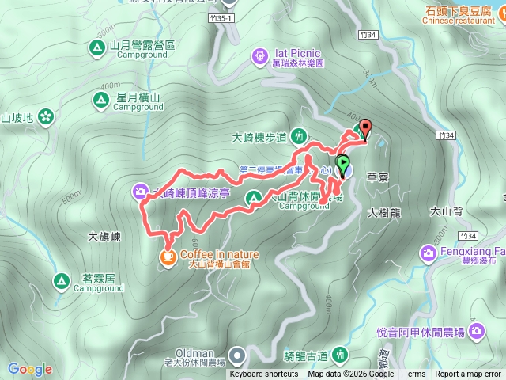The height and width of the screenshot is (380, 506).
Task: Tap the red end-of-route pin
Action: click(364, 127)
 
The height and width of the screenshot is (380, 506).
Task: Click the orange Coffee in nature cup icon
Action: click(168, 256)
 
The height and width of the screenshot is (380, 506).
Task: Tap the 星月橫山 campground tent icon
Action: click(100, 100)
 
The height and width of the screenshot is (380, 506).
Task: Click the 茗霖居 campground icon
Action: click(61, 281)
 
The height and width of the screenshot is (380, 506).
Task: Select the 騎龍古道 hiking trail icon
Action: click(341, 353)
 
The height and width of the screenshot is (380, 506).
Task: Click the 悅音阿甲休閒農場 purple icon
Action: click(476, 330)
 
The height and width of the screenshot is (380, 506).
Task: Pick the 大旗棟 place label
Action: click(104, 236)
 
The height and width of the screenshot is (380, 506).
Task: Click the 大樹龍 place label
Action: click(385, 213)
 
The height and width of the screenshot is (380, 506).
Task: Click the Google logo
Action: click(30, 369)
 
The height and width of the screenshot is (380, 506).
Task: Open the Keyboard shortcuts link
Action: click(264, 374)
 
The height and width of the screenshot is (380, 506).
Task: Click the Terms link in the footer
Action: click(414, 374)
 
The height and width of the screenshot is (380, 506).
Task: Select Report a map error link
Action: click(467, 374)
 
